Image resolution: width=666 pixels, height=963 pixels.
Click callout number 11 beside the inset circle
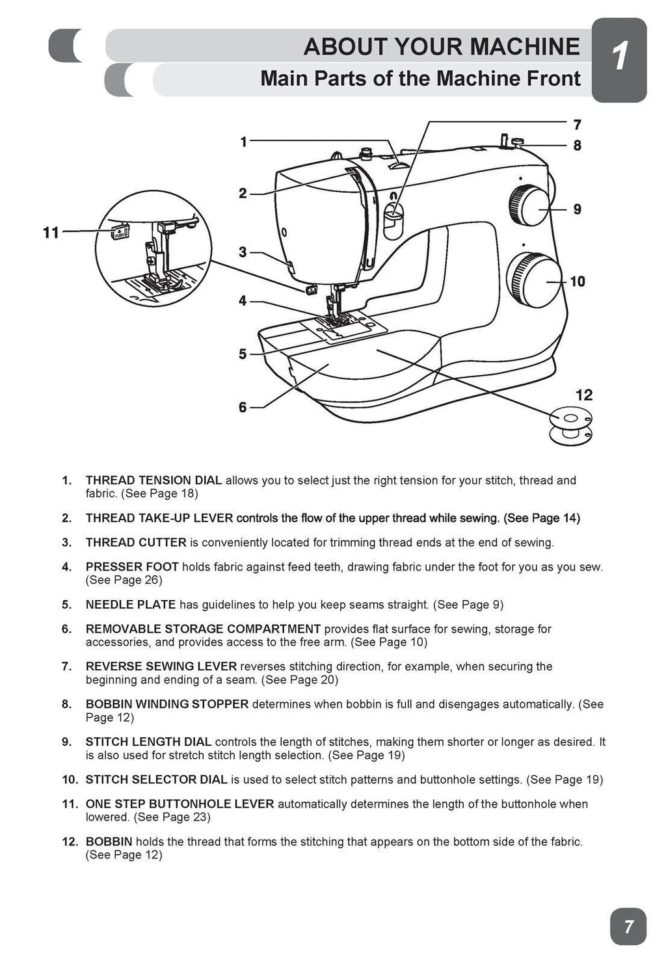51,232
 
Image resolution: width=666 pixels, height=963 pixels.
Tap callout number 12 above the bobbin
583,395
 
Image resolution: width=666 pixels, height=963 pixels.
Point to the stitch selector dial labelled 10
533,280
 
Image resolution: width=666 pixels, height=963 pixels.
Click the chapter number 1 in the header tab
620,57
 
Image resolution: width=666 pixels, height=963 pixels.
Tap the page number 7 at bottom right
628,926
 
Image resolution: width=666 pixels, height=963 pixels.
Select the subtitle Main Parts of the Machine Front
420,79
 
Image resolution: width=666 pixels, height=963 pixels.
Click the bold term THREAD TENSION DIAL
153,481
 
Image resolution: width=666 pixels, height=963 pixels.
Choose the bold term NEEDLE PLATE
131,605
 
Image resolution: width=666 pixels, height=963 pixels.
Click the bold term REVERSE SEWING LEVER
161,666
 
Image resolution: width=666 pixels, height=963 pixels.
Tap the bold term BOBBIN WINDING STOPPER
167,704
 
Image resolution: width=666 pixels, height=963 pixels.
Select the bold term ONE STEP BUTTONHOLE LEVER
180,804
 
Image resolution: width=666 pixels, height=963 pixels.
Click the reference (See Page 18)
159,494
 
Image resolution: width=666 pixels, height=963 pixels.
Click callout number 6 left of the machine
243,407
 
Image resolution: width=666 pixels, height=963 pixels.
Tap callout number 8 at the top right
577,146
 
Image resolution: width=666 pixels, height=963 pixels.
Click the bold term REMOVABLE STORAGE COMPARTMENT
203,629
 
